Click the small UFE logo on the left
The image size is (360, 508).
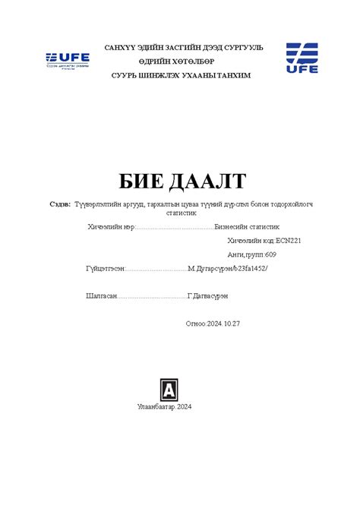click(x=68, y=59)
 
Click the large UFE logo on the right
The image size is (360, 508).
click(x=302, y=58)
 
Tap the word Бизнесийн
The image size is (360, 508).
click(x=233, y=226)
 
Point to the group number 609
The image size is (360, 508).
click(x=270, y=254)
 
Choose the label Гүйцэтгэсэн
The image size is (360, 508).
click(x=106, y=269)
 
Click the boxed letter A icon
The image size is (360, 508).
click(x=169, y=390)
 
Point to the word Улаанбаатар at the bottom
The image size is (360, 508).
click(x=156, y=407)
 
